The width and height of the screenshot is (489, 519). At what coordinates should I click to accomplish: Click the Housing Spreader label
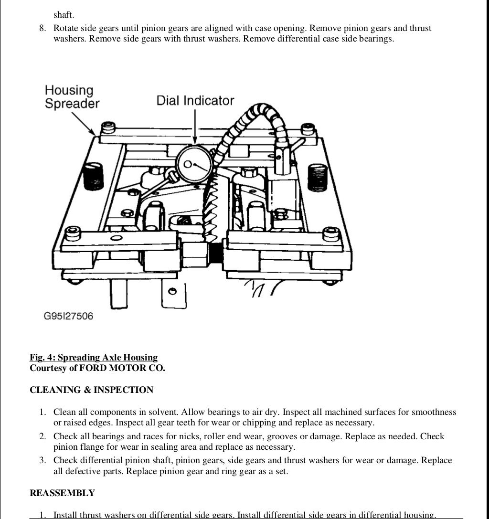point(72,97)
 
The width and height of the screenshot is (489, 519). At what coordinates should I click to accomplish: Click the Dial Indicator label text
point(195,101)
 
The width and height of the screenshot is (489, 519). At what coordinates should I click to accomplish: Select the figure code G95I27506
point(68,316)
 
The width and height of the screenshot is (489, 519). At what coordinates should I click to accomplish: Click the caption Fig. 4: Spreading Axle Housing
point(94,358)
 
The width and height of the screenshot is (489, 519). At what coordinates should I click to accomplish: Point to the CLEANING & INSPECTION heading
point(91,390)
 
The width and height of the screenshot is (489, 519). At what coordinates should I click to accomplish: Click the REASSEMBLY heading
point(62,493)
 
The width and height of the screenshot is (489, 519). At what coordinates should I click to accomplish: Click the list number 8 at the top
point(43,29)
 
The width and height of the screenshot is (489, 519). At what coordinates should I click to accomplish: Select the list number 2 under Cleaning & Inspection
point(43,436)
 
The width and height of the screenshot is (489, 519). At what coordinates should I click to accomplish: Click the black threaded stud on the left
point(93,177)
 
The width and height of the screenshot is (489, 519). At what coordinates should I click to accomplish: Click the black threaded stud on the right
point(317,177)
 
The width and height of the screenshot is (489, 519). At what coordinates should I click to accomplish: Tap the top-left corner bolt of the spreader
point(109,128)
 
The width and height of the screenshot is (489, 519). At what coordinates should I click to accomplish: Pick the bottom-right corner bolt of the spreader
point(331,234)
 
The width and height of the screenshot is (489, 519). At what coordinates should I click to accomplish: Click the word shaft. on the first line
point(64,15)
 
